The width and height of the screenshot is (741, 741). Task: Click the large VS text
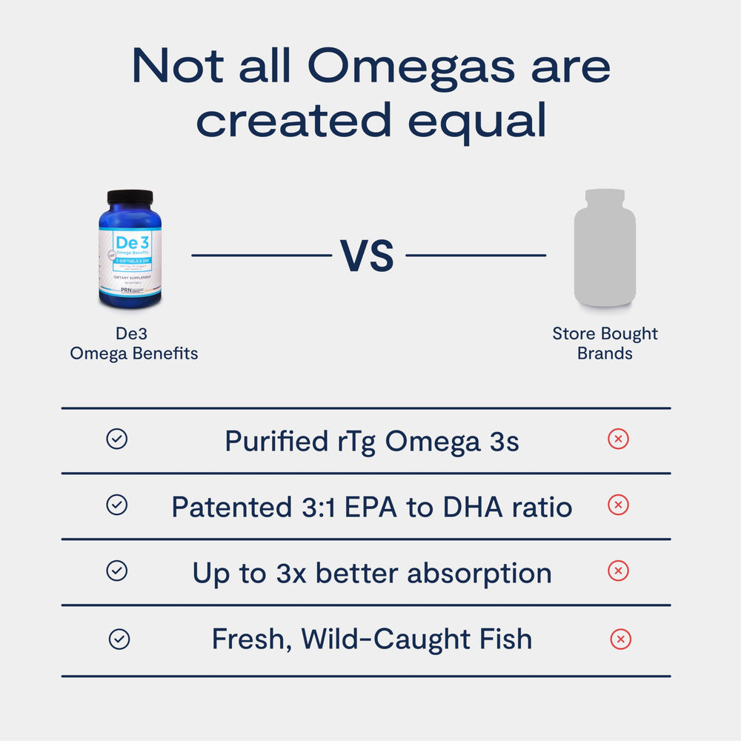tap(368, 256)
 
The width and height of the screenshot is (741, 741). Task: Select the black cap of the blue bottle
tap(130, 197)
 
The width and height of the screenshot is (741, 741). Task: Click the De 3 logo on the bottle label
tap(130, 242)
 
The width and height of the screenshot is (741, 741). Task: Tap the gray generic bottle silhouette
tap(605, 248)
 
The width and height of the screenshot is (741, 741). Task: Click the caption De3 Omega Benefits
tap(134, 344)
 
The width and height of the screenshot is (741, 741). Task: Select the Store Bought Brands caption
tap(605, 344)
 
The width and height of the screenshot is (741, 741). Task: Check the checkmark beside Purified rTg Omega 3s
tap(116, 439)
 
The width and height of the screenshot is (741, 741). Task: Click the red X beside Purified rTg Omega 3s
tap(618, 439)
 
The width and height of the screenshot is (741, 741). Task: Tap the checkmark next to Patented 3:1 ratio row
tap(116, 505)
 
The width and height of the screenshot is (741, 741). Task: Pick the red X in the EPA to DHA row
tap(618, 505)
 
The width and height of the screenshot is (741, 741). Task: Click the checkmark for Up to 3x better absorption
tap(116, 571)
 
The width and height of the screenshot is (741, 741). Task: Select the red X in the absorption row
tap(618, 571)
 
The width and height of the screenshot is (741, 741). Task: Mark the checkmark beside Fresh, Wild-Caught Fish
tap(119, 639)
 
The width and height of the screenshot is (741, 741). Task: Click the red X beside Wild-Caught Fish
tap(620, 639)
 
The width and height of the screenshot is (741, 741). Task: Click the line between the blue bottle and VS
tap(261, 256)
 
